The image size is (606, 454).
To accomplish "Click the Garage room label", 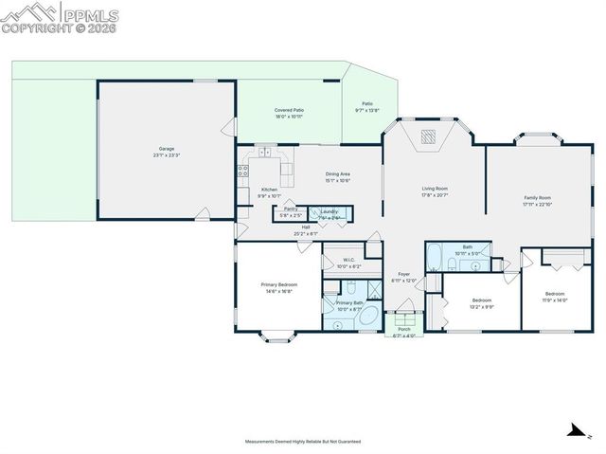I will pyautogui.click(x=167, y=150).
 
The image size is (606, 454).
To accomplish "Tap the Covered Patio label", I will pyautogui.click(x=289, y=111).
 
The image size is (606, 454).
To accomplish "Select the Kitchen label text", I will pyautogui.click(x=270, y=190).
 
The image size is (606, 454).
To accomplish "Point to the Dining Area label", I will pyautogui.click(x=338, y=173).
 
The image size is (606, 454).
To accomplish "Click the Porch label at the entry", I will pyautogui.click(x=404, y=329).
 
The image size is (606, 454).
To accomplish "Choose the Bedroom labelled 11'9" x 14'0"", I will pyautogui.click(x=555, y=294).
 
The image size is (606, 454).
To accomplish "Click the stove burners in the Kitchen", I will pyautogui.click(x=243, y=172).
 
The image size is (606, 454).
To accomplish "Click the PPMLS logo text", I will pyautogui.click(x=90, y=14).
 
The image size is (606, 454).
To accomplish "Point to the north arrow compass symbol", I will pyautogui.click(x=574, y=430).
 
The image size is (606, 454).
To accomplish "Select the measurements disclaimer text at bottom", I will pyautogui.click(x=303, y=442).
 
